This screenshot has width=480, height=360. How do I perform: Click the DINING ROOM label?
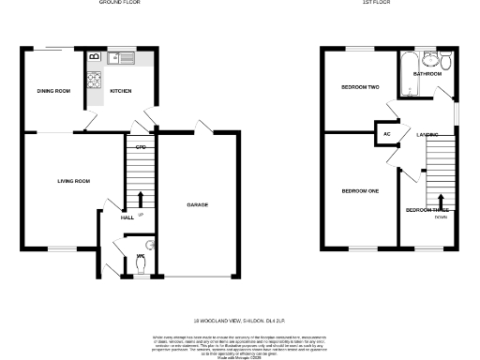[x=53, y=91]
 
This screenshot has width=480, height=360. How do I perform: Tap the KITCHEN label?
[x=121, y=91]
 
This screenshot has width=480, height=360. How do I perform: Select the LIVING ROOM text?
[x=73, y=180]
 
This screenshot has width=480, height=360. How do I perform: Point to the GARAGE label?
[x=198, y=204]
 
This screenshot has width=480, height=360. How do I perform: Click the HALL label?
[x=127, y=217]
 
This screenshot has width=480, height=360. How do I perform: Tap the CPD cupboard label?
[x=140, y=147]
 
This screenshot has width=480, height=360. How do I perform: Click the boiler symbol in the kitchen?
[x=94, y=58]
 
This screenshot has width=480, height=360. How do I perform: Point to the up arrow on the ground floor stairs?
[x=141, y=199]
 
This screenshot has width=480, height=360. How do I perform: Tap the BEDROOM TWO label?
[x=359, y=87]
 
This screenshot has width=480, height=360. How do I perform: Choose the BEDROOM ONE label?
[x=359, y=191]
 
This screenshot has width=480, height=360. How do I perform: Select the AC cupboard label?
[x=386, y=134]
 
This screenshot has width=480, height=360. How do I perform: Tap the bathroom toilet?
[x=445, y=63]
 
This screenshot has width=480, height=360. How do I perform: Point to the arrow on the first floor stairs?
[x=441, y=199]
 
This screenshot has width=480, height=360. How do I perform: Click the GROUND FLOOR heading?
[x=119, y=4]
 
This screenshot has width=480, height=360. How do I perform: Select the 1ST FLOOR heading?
[x=376, y=4]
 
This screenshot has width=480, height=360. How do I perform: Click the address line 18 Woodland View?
[x=239, y=321]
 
